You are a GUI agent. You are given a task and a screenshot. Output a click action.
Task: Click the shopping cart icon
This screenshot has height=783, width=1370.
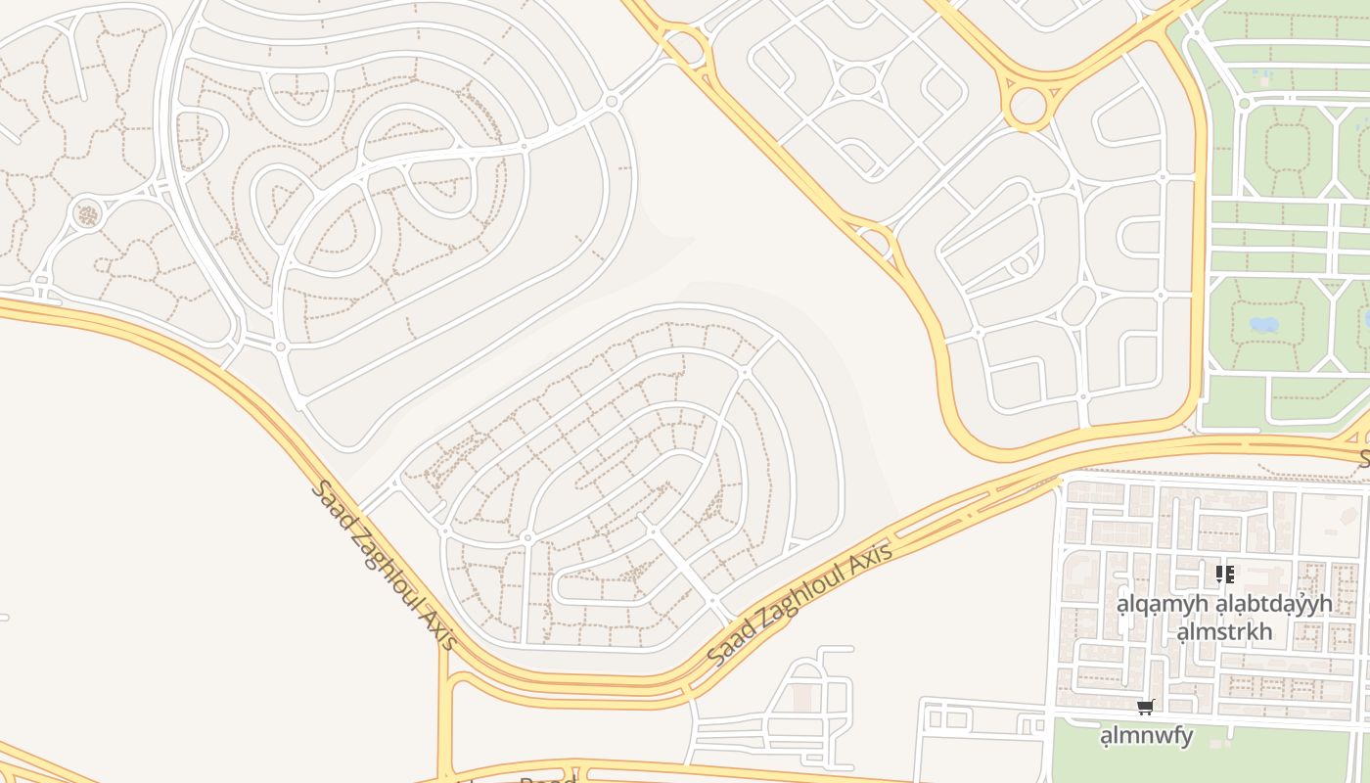(1145, 707)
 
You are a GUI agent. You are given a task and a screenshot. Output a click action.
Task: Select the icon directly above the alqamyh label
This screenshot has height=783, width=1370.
(1224, 575)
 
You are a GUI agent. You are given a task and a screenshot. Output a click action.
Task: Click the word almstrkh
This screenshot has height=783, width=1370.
(1224, 631)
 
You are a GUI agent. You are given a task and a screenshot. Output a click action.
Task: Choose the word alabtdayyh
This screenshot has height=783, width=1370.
(1273, 604)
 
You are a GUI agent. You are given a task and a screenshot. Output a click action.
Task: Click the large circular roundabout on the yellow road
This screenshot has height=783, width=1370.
(1027, 106)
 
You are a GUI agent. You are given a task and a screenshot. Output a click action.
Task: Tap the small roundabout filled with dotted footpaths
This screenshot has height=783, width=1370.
(87, 213)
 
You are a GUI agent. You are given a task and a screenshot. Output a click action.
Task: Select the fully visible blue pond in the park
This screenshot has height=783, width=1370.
(1263, 324)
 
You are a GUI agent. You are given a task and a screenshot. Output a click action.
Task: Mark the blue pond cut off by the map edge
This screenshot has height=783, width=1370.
(1366, 318)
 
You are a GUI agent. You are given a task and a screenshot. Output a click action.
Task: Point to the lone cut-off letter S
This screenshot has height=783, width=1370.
(1364, 458)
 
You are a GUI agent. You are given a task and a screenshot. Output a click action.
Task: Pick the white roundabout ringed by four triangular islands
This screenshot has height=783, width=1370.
(857, 80)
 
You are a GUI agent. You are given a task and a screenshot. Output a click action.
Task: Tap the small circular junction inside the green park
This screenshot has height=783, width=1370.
(1244, 103)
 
